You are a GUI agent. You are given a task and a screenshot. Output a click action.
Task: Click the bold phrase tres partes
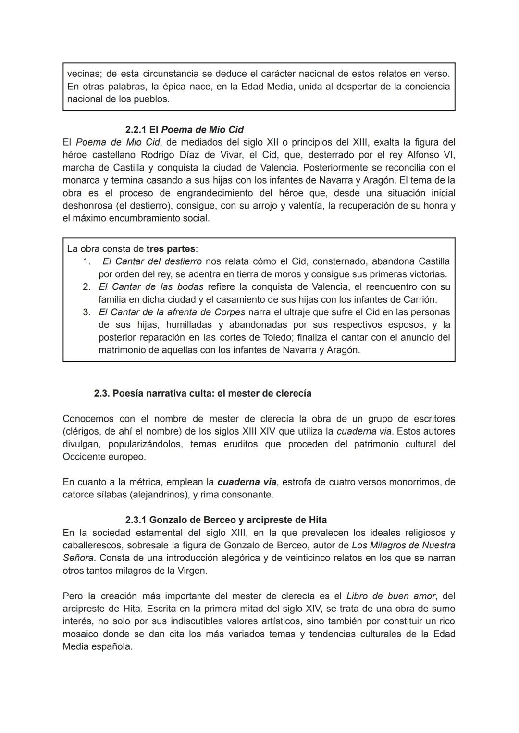point(171,249)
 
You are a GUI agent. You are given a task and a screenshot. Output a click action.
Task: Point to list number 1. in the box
point(86,261)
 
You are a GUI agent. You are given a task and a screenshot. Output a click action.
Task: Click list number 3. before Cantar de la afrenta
point(86,312)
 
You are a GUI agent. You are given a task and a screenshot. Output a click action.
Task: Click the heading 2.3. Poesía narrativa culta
point(202,393)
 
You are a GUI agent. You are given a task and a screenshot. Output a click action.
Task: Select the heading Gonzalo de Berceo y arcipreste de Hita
point(226,520)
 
